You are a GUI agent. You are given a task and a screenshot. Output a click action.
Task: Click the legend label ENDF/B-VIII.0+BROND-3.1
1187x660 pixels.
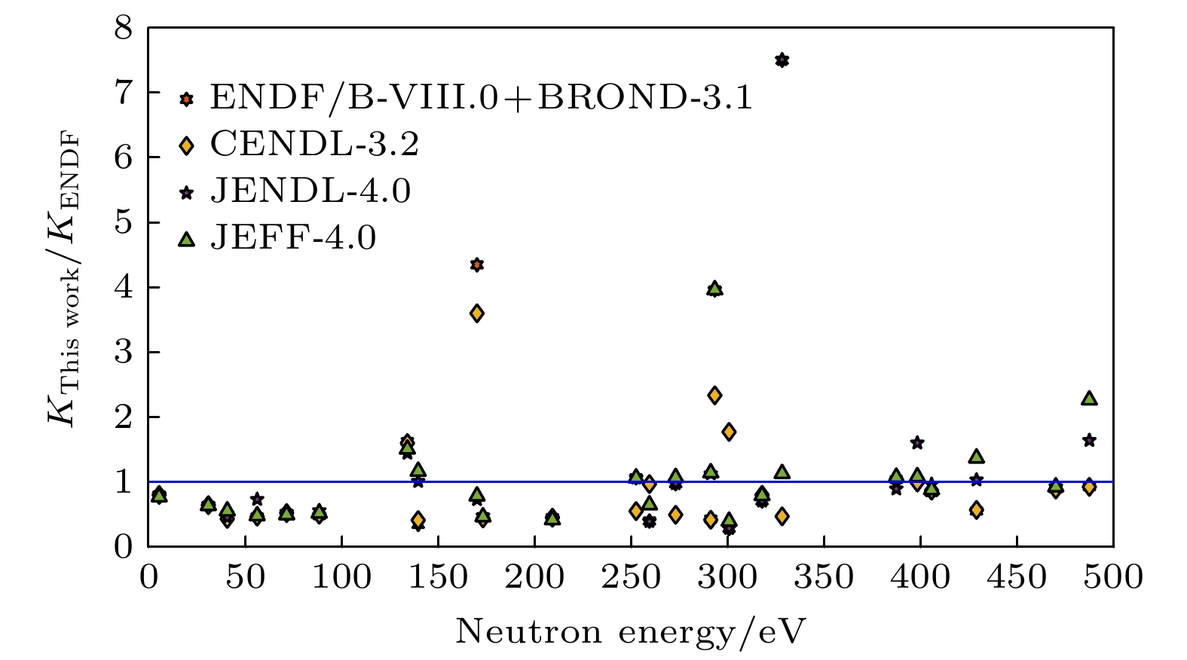point(481,98)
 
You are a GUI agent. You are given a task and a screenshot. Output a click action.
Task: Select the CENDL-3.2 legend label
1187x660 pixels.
point(314,145)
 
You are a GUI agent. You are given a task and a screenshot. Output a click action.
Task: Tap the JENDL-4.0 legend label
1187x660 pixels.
point(311,191)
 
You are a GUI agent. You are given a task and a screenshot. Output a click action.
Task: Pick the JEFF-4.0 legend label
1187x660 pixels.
point(292,239)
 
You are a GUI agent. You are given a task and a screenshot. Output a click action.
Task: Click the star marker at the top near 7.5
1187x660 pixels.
point(782,60)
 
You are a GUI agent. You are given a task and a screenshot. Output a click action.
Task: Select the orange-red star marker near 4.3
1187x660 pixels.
point(476,264)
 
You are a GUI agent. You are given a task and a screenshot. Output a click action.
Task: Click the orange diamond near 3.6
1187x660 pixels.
point(476,313)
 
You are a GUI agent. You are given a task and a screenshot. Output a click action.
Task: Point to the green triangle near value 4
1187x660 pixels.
point(714,289)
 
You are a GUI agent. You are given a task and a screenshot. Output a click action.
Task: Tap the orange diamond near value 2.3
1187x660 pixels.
point(714,395)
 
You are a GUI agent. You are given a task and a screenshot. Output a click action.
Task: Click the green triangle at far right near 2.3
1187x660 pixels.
point(1089,398)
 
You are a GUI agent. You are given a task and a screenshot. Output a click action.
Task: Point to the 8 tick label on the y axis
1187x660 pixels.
point(123,30)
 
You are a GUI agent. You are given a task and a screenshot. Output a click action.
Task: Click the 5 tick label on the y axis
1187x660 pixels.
point(123,224)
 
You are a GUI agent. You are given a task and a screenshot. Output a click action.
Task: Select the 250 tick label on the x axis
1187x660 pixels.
point(631,578)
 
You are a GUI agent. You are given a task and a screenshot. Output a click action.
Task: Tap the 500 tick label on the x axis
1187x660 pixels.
point(1113,578)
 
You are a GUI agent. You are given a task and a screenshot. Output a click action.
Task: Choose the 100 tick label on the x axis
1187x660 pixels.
point(341,578)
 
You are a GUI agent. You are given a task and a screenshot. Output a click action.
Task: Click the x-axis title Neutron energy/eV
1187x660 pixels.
point(631,631)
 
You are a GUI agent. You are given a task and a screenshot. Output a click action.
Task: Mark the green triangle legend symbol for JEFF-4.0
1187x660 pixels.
point(187,240)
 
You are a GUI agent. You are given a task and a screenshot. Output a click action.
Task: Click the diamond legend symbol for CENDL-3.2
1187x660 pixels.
point(187,145)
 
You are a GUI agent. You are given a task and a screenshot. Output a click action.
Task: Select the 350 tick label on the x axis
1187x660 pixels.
point(824,578)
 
